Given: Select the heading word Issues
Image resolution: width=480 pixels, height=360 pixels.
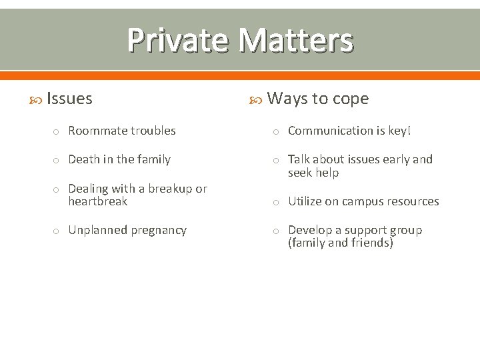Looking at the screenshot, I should tap(70, 99).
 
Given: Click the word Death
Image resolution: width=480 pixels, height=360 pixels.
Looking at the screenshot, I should tap(83, 159).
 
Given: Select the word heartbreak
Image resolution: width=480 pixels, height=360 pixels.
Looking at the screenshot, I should tap(97, 201).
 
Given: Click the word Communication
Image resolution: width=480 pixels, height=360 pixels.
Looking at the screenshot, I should tap(330, 131).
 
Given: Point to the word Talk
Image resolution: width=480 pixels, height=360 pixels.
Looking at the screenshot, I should tap(299, 159).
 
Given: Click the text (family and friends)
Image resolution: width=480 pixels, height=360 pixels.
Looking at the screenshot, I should tap(341, 243).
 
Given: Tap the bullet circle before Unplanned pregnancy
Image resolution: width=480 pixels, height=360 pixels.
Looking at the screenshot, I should tap(57, 231).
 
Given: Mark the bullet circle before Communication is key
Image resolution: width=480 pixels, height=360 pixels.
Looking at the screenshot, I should tap(276, 131).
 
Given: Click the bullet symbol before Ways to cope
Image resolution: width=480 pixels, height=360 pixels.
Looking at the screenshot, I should tap(255, 99).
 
